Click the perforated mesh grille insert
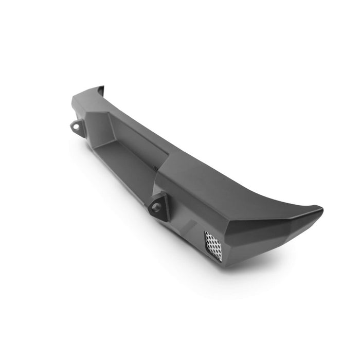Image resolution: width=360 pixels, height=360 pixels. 213,246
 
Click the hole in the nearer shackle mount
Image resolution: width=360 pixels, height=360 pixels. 156,207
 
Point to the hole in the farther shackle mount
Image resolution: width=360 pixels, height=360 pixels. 76,126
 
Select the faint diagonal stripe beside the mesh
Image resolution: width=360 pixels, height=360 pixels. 190,226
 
